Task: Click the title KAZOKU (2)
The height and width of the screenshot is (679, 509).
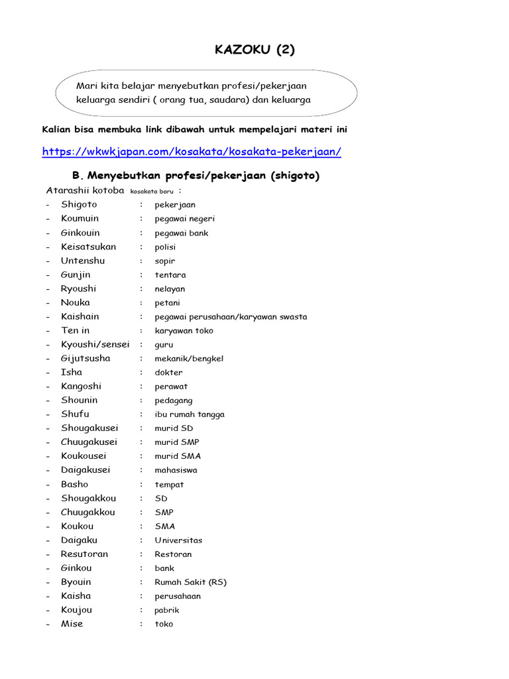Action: pos(254,50)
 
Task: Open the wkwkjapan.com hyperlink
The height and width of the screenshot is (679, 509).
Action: pos(192,151)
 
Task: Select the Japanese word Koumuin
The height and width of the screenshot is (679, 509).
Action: pos(80,218)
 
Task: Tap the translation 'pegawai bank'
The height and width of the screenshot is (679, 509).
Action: pos(182,233)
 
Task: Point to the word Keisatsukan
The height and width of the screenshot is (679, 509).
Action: pos(88,247)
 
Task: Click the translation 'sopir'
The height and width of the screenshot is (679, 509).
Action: pos(165,261)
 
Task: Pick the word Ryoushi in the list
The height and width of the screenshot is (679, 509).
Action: pos(78,288)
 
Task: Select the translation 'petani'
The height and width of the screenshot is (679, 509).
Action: pos(167,302)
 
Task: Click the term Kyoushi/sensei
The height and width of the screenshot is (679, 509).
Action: pos(95,344)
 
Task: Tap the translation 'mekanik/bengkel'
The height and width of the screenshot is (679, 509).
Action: pos(189,358)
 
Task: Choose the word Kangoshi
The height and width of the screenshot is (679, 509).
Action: pos(81,386)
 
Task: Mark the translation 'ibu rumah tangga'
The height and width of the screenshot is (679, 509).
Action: pos(190,414)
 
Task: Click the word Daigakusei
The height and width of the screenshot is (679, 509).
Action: pos(85,469)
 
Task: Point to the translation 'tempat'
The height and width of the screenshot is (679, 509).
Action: pos(169,484)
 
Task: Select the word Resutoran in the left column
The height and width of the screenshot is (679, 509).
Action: pos(84,554)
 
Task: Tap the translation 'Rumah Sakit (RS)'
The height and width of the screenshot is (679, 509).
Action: pos(190,582)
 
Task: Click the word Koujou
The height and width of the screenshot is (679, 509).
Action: pos(76,609)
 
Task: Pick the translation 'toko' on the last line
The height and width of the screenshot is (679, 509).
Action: pos(164,624)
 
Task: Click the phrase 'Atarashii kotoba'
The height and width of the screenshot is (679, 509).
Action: pos(85,190)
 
